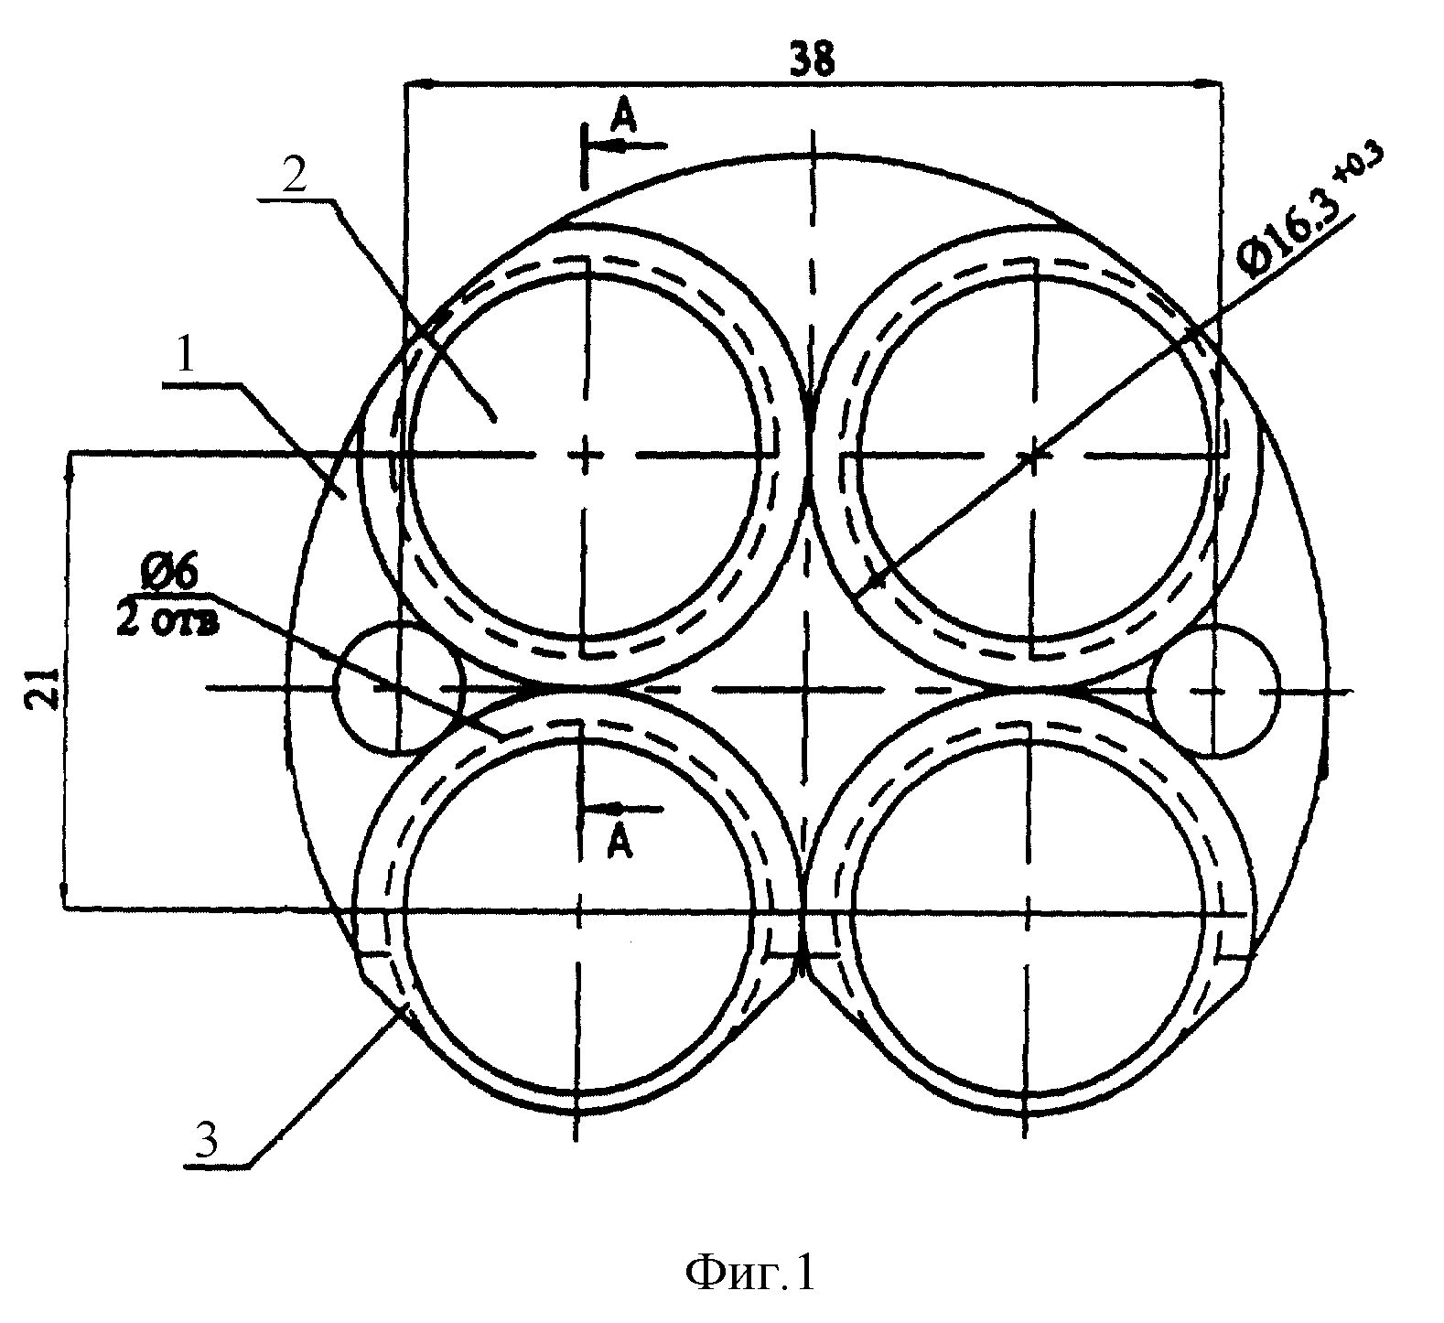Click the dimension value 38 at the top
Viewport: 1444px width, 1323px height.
tap(812, 60)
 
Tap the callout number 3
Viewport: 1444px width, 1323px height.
tap(210, 1139)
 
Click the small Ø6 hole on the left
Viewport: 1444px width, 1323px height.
tap(399, 688)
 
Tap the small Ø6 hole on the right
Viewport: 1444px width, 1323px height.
tap(1213, 691)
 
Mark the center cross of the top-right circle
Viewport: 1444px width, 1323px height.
tap(1033, 455)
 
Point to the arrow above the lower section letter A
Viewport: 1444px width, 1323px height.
tap(621, 809)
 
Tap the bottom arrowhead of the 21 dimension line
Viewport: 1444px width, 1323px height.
tap(63, 892)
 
